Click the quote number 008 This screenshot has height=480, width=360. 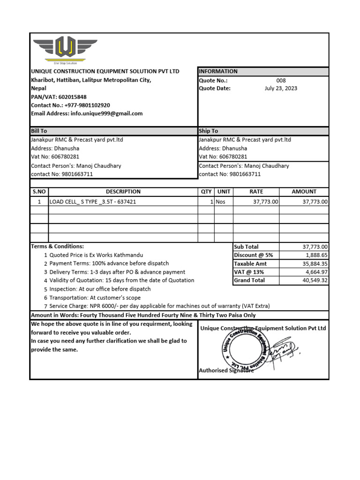[281, 80]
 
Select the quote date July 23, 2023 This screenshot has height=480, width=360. [281, 88]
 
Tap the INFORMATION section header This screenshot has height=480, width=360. [218, 71]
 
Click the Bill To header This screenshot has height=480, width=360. [39, 131]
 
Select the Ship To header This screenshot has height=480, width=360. [209, 131]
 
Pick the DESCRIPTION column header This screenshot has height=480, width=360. [123, 191]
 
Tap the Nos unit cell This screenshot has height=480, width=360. [220, 202]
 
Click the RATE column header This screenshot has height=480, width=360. [256, 191]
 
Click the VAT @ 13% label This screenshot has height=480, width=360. [249, 272]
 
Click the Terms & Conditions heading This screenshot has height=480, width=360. [58, 246]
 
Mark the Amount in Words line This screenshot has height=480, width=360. [143, 315]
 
